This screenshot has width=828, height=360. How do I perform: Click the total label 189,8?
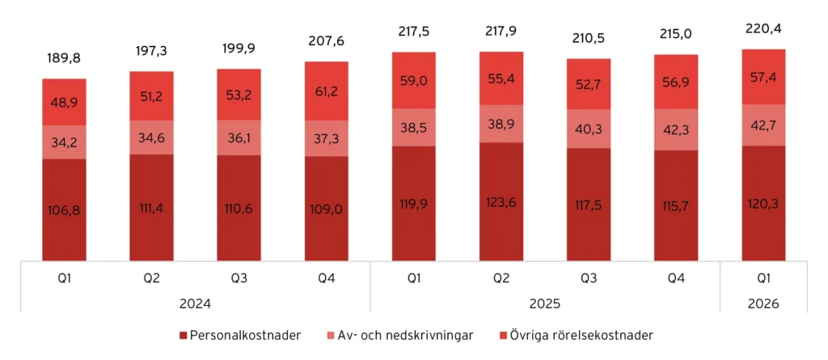coord(64,58)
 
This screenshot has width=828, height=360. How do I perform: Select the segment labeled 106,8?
coord(64,210)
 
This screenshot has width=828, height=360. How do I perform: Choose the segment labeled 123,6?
coord(501,202)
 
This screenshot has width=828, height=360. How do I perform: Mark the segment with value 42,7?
coord(763,125)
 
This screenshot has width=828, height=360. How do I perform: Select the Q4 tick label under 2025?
coord(676,278)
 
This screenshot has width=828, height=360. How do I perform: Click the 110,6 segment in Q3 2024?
coord(239,209)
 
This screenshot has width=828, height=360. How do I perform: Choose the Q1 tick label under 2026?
coord(763,278)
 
